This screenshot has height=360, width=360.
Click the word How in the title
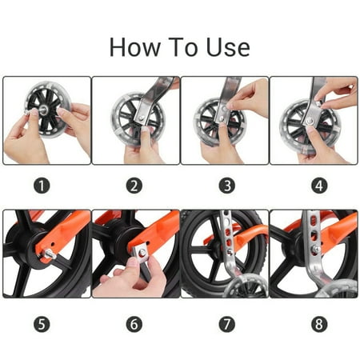(x=134, y=47)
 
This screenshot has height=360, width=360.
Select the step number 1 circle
(x=42, y=186)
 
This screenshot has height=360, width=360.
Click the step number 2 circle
(x=134, y=186)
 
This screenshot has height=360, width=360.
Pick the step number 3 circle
(x=227, y=186)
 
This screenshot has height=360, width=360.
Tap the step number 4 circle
(x=319, y=186)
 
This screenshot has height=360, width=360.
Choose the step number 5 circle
(x=42, y=324)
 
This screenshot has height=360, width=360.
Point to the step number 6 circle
(x=134, y=324)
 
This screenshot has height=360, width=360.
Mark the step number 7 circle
(x=227, y=324)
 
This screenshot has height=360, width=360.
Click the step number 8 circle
(x=319, y=324)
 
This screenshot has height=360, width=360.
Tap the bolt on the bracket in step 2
(x=142, y=117)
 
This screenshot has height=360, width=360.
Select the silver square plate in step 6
(x=141, y=253)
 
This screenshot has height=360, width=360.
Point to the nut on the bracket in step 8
(x=316, y=250)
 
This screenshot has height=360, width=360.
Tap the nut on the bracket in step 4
(x=310, y=121)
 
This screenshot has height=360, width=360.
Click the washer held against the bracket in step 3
(x=225, y=109)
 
